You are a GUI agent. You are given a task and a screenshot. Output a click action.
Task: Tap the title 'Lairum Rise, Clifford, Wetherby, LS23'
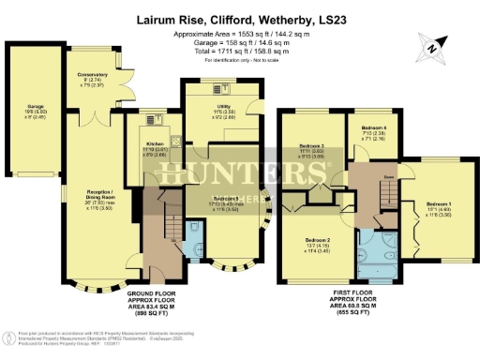point(239,18)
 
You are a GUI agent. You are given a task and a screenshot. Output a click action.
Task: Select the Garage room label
point(36,108)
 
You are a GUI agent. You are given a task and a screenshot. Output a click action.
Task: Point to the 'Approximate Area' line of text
point(239,33)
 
